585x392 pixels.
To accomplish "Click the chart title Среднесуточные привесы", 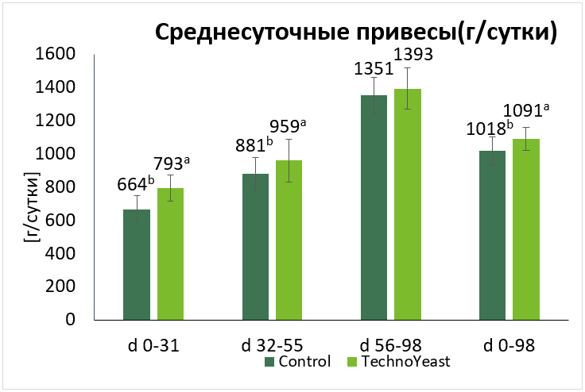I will point(354,32).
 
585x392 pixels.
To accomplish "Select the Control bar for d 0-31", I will point(137,264).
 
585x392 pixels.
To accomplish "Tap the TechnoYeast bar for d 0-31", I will point(170,254).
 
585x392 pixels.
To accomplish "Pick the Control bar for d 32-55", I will point(255,246).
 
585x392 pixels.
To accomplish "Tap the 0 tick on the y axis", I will point(71,320).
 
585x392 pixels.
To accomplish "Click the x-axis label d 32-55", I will point(272,345).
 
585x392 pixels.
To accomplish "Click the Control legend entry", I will point(298,362).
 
